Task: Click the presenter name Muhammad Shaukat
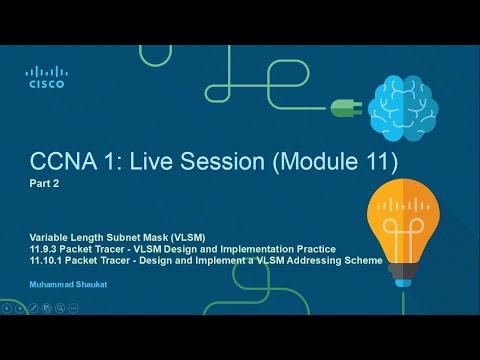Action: (x=61, y=285)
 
